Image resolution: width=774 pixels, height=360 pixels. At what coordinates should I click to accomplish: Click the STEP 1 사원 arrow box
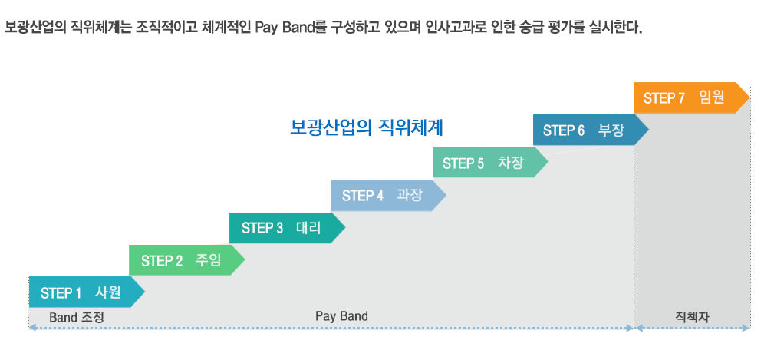point(87,292)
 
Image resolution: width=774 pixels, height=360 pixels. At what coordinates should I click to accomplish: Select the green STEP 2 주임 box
point(186,259)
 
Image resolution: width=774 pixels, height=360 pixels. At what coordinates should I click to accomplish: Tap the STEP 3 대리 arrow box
point(288,228)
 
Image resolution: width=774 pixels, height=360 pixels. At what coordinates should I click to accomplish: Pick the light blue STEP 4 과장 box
point(388,196)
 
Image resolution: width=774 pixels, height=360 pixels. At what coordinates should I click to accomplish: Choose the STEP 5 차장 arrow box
point(490,163)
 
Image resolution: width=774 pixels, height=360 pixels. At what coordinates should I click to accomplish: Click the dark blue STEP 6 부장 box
point(591,130)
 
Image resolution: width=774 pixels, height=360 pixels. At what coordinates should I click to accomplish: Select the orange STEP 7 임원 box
point(692,97)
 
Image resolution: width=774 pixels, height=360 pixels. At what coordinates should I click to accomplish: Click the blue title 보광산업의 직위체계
point(367,128)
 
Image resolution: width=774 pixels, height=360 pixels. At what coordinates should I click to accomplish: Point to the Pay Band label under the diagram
point(341,316)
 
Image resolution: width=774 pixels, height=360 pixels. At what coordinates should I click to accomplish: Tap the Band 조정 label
point(77,317)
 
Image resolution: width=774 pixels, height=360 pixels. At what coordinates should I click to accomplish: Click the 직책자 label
point(692,317)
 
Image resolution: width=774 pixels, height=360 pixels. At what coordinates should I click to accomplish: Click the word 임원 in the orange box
point(711,97)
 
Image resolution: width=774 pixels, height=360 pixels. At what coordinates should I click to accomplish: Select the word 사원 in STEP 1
point(107,292)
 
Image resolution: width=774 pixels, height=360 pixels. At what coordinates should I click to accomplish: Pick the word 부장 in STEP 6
point(611,130)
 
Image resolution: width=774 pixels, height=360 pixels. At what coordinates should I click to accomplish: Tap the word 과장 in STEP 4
point(409,196)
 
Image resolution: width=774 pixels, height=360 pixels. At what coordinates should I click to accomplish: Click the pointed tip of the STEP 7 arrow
point(749,97)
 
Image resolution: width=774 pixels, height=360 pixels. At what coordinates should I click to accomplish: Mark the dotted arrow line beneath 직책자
point(692,328)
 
